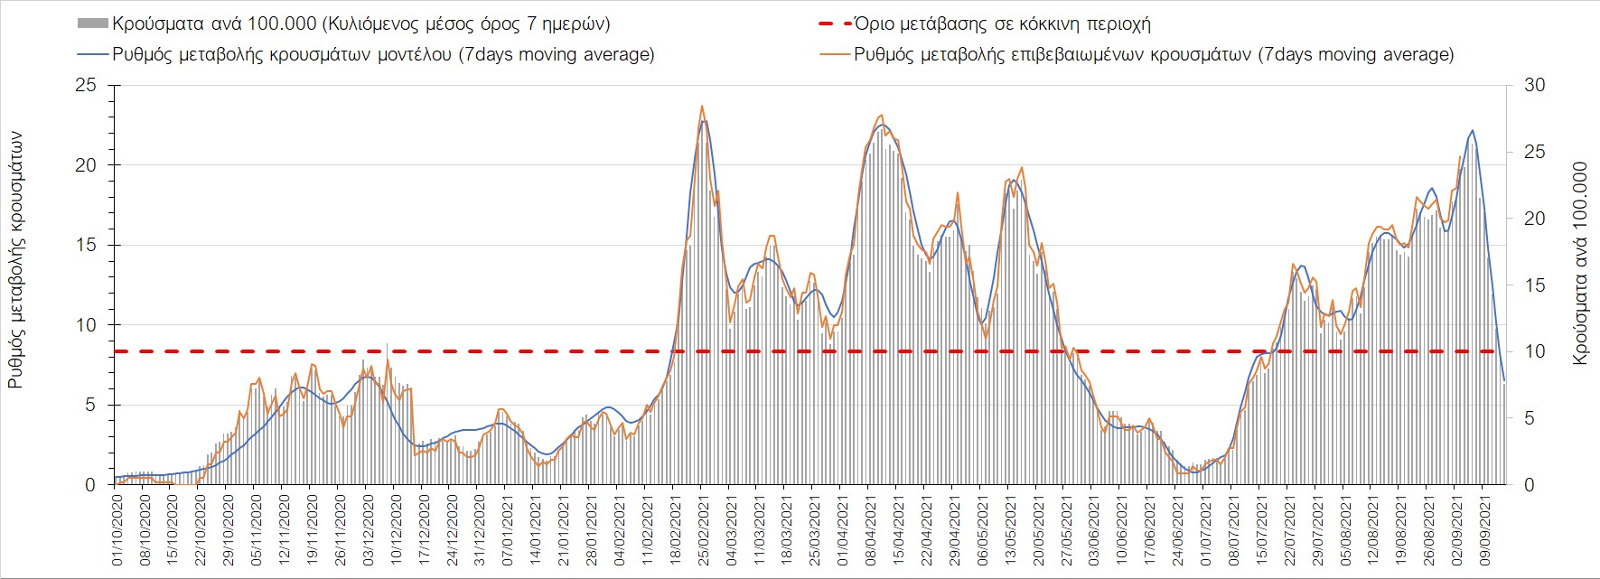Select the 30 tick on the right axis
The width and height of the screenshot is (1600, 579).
1534,86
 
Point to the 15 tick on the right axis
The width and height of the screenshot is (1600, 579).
1534,285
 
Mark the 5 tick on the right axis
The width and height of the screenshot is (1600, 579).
1530,418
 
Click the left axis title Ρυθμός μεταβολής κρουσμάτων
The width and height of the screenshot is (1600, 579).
15,260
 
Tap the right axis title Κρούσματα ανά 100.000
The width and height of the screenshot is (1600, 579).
1580,264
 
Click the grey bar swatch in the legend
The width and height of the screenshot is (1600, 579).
92,23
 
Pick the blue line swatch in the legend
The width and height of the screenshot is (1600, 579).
92,54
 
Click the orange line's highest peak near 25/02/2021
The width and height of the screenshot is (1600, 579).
702,106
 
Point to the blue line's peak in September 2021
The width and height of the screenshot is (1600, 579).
1473,130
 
